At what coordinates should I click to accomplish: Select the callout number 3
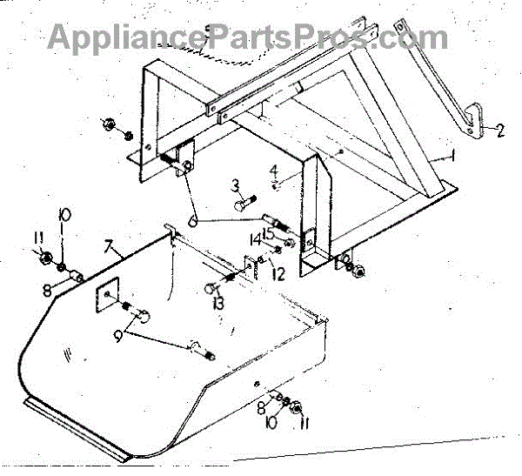click(235, 184)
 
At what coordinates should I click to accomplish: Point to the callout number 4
click(272, 170)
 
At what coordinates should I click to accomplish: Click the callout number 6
click(192, 222)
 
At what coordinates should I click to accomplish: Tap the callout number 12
click(278, 275)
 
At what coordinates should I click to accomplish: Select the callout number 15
click(270, 232)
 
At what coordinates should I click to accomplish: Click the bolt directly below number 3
click(241, 206)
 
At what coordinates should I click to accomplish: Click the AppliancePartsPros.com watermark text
click(248, 37)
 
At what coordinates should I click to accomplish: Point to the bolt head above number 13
click(211, 288)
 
